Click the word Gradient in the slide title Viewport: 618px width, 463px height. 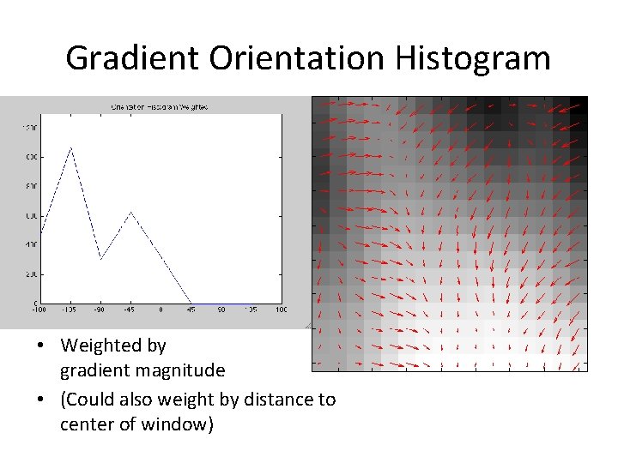coord(122,58)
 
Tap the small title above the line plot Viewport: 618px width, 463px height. coord(160,106)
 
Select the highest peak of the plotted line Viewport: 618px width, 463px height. coord(70,147)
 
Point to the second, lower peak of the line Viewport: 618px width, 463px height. coord(130,211)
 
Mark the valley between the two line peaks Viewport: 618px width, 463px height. coord(100,258)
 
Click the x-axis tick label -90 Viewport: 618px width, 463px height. coord(100,310)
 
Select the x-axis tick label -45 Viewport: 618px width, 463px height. coord(130,310)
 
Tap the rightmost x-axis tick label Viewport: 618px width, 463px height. coord(281,310)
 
